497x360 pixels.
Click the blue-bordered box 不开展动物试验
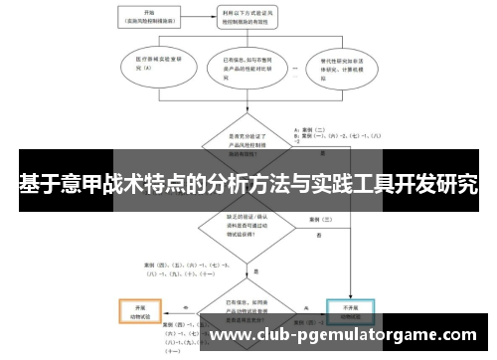coord(351,311)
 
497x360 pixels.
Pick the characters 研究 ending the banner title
coord(456,184)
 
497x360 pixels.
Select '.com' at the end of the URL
coord(453,336)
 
